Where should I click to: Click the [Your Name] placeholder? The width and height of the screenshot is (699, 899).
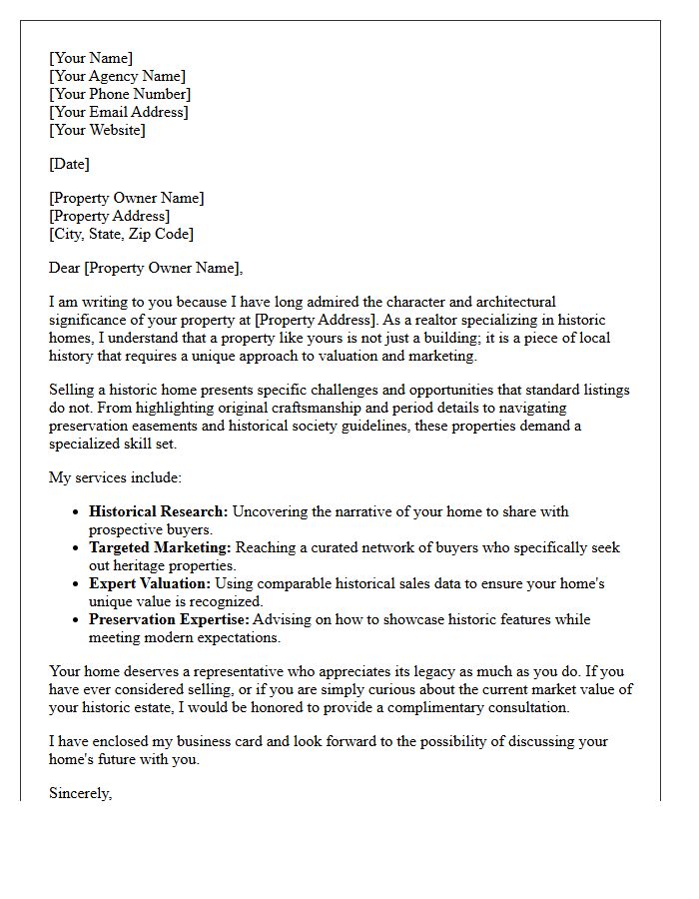coord(91,58)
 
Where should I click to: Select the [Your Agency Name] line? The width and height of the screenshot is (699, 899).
coord(117,76)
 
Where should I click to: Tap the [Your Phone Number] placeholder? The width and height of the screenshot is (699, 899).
coord(120,94)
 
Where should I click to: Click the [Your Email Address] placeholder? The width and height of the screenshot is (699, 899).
coord(118,112)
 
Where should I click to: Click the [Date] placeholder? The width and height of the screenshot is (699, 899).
coord(69,164)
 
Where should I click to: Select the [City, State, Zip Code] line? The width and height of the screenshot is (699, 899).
coord(121,234)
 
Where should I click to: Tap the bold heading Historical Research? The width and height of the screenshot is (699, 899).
coord(159,511)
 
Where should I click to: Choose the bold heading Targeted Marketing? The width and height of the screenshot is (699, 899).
coord(160,547)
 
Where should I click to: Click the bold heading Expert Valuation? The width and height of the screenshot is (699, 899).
coord(150,583)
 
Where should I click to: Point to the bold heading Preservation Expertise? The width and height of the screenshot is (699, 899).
coord(170,619)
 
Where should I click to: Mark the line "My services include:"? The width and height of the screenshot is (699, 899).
coord(115,477)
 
